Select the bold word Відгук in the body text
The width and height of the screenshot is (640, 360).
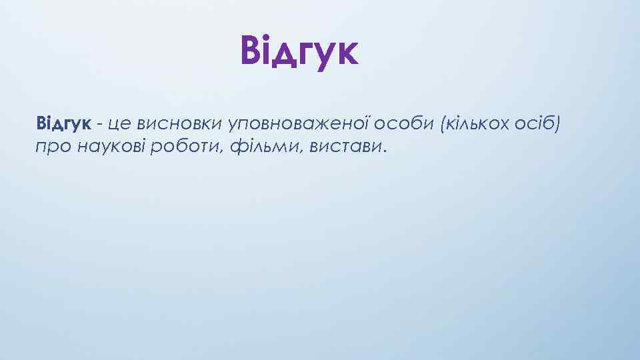63,123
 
